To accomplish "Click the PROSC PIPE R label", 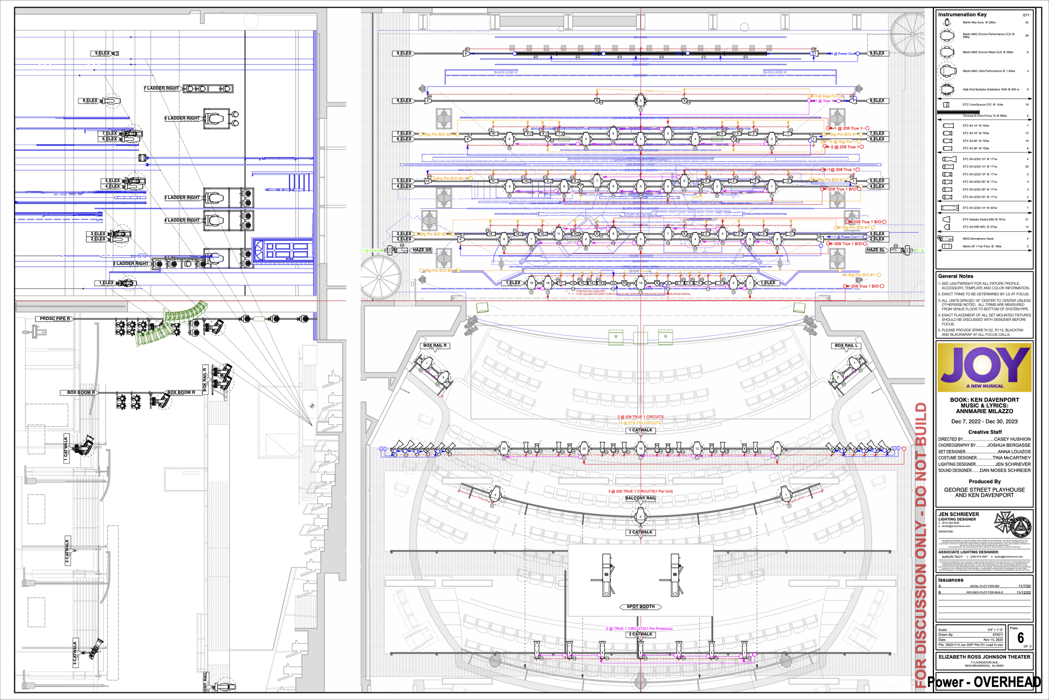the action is click(55, 319).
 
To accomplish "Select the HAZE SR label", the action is click(421, 250).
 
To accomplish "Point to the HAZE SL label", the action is click(875, 250).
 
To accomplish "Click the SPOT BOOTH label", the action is click(640, 607).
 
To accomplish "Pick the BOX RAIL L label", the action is click(846, 346).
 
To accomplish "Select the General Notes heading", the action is click(955, 276).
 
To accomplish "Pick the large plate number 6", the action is click(1020, 638).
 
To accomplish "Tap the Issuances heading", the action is click(950, 580).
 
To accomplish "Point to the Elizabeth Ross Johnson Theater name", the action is click(984, 657).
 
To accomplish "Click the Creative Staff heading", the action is click(985, 432).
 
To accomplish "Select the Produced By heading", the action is click(984, 481).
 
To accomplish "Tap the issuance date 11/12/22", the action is click(1023, 593).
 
